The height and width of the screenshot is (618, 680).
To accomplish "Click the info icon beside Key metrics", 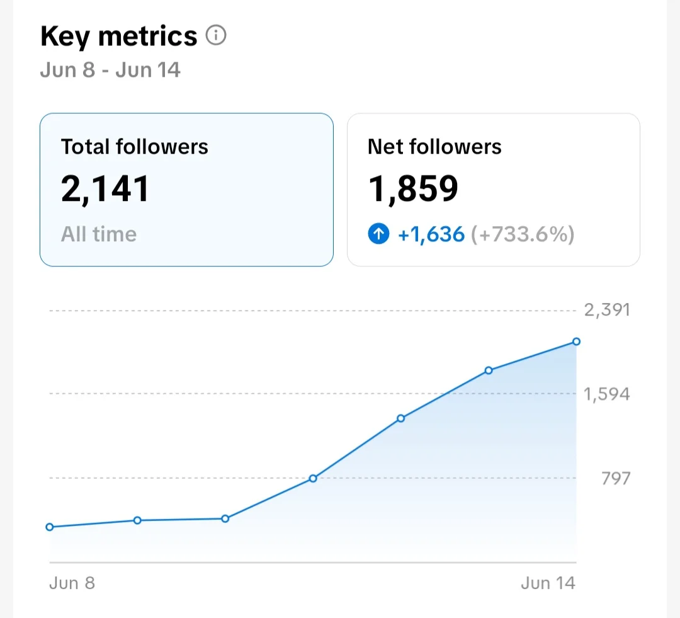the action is (215, 35).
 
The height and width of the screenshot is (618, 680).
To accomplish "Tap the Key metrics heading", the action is (119, 36).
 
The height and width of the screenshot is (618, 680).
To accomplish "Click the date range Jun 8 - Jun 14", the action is (110, 70).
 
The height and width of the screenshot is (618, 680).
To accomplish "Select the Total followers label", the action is (135, 147).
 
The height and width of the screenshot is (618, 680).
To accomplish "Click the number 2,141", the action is (105, 189).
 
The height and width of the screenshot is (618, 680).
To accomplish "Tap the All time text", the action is (99, 234).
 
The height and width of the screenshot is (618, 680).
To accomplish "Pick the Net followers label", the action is (434, 147).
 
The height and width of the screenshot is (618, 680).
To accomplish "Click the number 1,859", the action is (413, 189).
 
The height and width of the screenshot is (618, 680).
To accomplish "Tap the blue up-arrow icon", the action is (378, 234).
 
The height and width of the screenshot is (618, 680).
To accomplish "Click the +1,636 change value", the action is (431, 234).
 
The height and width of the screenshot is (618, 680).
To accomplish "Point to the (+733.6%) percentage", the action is (523, 234).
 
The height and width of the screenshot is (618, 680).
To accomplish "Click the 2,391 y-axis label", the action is (607, 310).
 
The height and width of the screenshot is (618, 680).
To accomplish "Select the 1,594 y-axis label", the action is (607, 394).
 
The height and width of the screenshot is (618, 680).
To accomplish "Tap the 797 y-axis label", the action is (616, 478).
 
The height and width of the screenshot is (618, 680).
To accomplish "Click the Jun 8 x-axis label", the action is (72, 583).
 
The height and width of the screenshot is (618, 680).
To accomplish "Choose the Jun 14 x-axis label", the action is (548, 583).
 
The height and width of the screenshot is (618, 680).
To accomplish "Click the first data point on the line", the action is (50, 527).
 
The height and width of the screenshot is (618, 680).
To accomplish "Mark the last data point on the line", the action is (576, 341).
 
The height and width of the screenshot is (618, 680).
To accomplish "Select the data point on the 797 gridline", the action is (313, 479).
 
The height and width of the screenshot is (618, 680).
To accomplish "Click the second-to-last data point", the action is (489, 370).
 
